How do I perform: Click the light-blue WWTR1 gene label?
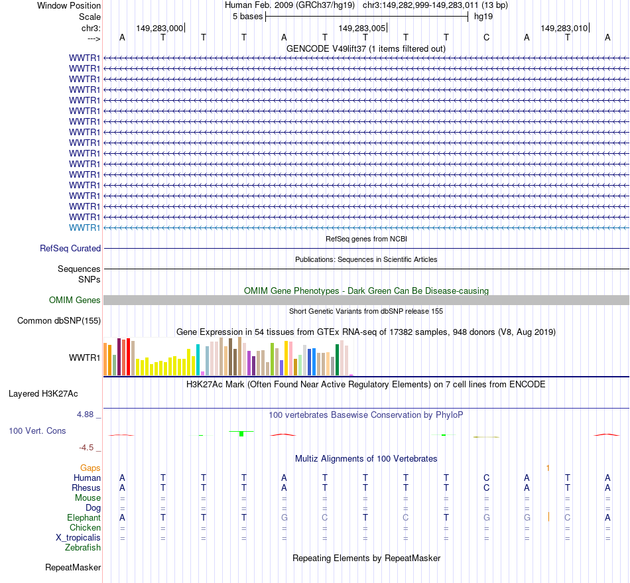(x=85, y=227)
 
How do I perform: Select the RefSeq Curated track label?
(x=70, y=248)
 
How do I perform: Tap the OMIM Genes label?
(x=75, y=300)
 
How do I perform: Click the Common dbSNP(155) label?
(x=58, y=321)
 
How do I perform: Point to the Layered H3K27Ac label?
(x=43, y=393)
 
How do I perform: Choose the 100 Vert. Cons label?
(x=37, y=430)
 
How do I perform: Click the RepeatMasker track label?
(x=73, y=567)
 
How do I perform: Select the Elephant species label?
(x=84, y=517)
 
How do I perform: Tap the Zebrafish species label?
(x=83, y=547)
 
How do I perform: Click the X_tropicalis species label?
(x=78, y=537)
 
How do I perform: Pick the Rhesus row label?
(x=86, y=487)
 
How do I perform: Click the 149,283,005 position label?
(x=361, y=28)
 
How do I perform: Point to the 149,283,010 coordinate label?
(x=564, y=28)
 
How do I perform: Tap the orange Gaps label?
(x=90, y=468)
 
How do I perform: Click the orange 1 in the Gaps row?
(x=548, y=468)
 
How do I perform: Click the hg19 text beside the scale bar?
(x=483, y=16)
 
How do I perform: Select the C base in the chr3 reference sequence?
(x=486, y=37)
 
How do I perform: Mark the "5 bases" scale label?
(x=247, y=16)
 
